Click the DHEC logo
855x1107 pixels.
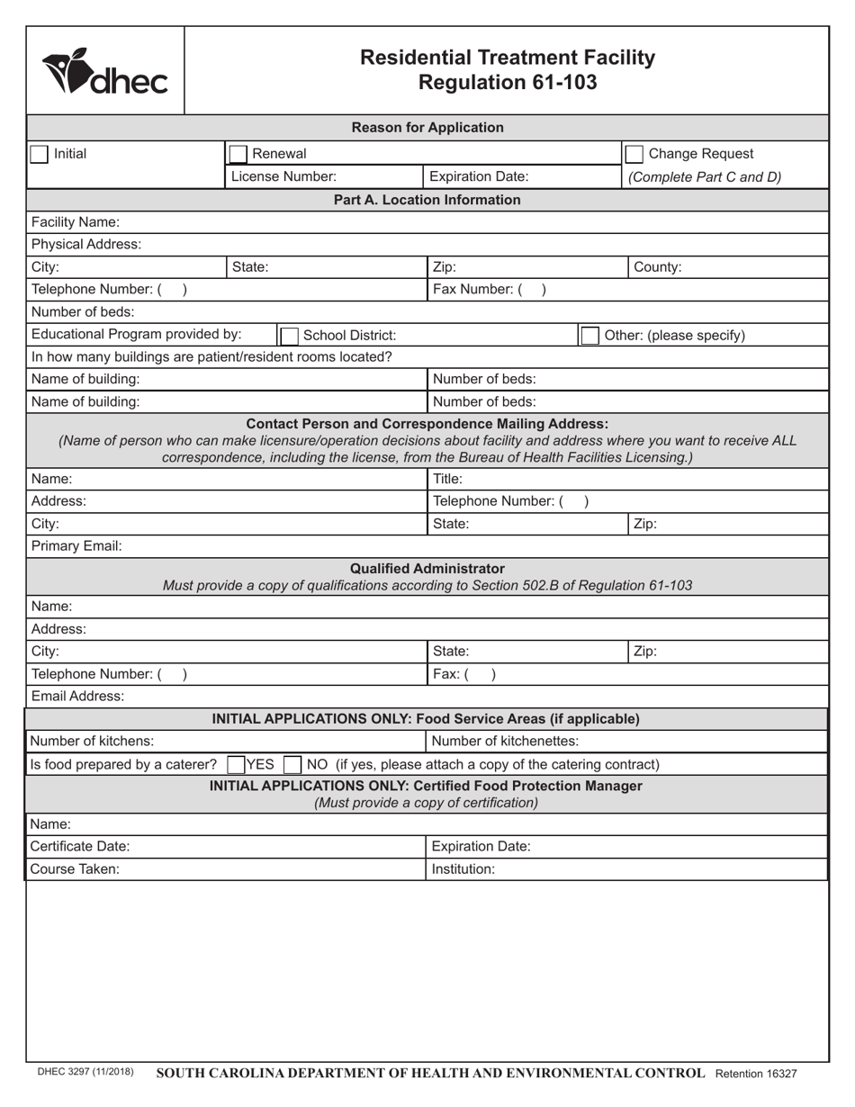tap(104, 71)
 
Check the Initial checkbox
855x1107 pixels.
tap(39, 154)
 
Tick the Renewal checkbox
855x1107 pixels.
tap(238, 154)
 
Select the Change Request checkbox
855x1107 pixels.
tap(634, 154)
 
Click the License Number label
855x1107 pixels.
tap(283, 176)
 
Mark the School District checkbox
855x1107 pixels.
tap(289, 336)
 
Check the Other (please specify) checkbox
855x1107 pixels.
tap(589, 336)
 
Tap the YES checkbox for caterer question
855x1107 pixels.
tap(236, 765)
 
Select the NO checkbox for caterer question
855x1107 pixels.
tap(292, 765)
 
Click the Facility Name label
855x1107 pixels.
tap(75, 221)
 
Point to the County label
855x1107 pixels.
tap(658, 266)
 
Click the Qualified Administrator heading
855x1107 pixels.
tap(427, 569)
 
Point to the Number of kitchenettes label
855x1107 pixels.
tap(505, 741)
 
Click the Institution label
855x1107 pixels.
tap(463, 869)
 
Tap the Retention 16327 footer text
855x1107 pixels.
tap(756, 1074)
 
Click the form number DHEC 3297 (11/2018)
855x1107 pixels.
tap(85, 1073)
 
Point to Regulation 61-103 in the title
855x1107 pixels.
tap(508, 82)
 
